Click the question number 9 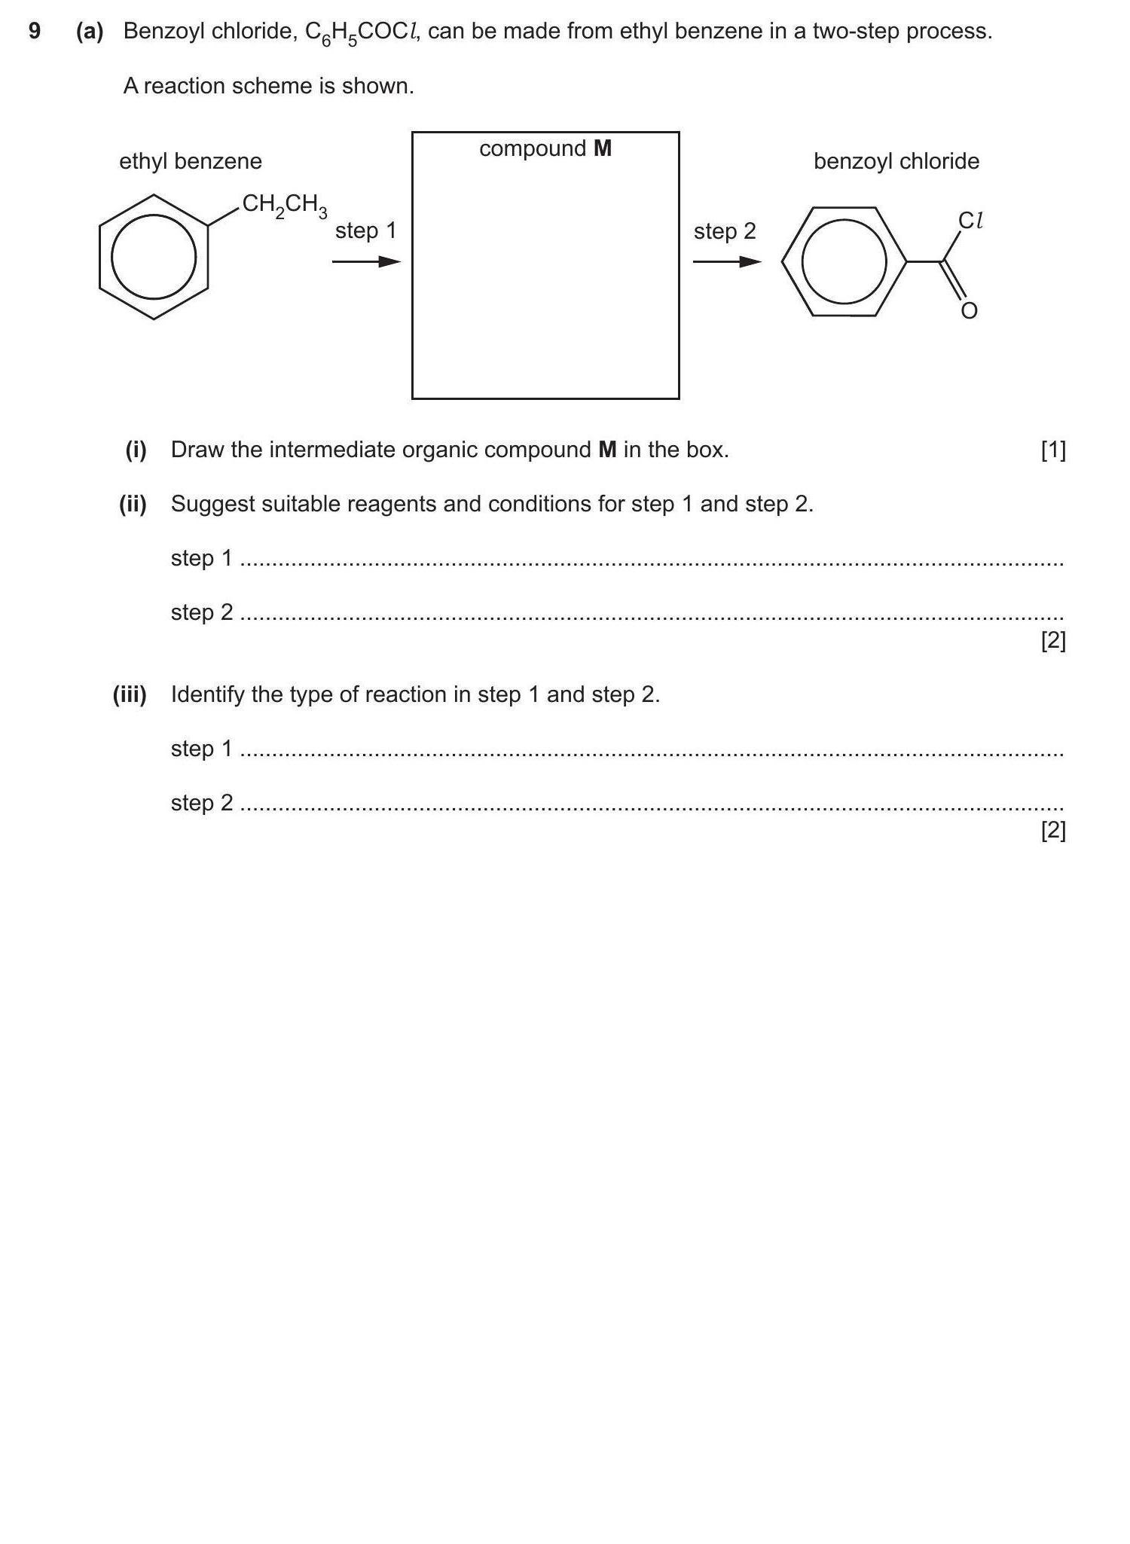[35, 31]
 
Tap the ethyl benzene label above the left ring [191, 161]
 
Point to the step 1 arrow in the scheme [366, 261]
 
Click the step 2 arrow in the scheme [726, 261]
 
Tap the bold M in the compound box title [603, 148]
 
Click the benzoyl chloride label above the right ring [896, 161]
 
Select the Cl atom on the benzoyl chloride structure [970, 220]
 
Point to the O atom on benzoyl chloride [970, 310]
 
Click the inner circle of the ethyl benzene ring [154, 257]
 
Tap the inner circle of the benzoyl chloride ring [844, 261]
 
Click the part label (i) [136, 450]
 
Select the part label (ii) [133, 504]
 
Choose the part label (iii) [130, 694]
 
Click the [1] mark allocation [1053, 450]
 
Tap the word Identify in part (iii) [208, 694]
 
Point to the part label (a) [90, 31]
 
